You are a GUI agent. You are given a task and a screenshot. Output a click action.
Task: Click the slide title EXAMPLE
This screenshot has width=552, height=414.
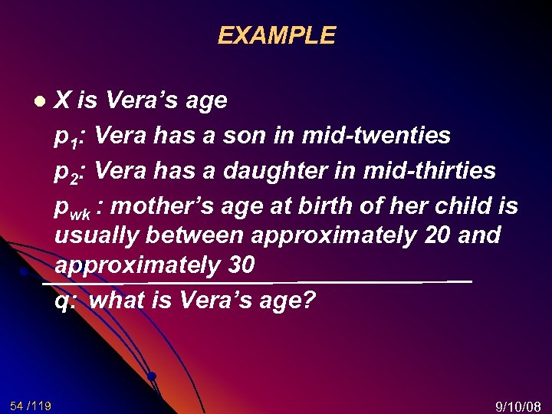pos(276,36)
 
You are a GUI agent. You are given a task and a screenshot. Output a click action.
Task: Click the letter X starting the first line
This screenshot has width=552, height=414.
pos(64,100)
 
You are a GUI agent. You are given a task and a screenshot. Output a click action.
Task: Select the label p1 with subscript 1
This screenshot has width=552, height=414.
pos(70,136)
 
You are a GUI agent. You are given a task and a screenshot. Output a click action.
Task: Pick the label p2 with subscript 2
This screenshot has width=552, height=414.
pos(70,172)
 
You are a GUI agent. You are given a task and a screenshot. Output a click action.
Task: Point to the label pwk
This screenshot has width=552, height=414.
pos(72,207)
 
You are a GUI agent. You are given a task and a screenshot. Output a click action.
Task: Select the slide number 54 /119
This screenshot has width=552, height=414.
pos(31,405)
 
